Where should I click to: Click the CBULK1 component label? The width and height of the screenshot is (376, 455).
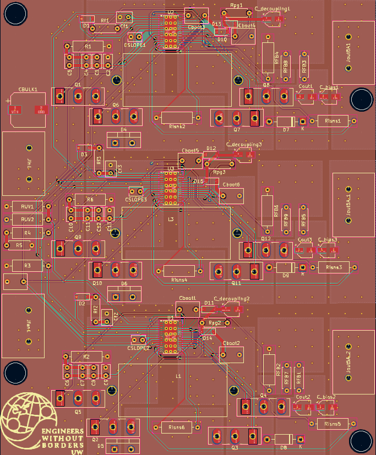tap(28, 89)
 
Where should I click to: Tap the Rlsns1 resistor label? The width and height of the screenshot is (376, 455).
tap(333, 120)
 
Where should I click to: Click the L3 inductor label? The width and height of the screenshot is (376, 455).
tap(171, 219)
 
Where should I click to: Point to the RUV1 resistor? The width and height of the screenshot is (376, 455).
tap(28, 207)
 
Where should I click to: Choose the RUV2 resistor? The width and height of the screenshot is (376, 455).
tap(28, 220)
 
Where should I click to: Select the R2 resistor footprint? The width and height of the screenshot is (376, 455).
tap(86, 357)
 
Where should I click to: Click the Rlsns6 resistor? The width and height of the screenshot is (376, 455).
tap(176, 427)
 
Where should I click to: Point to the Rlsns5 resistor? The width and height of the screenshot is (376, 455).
tap(333, 424)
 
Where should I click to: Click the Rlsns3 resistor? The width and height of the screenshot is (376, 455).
tap(334, 267)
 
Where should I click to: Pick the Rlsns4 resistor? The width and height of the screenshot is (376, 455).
tap(179, 271)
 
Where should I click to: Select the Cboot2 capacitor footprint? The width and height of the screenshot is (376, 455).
tap(231, 354)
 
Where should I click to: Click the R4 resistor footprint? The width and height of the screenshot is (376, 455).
tap(26, 233)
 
